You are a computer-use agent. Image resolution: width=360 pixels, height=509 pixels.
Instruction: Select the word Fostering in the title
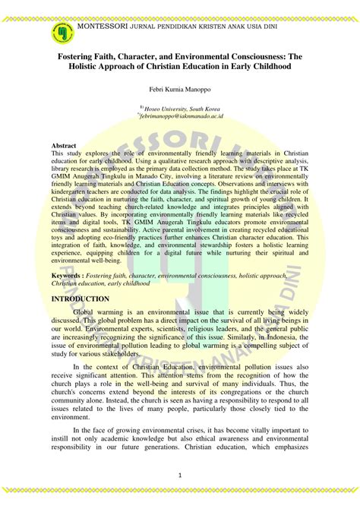pos(81,56)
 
